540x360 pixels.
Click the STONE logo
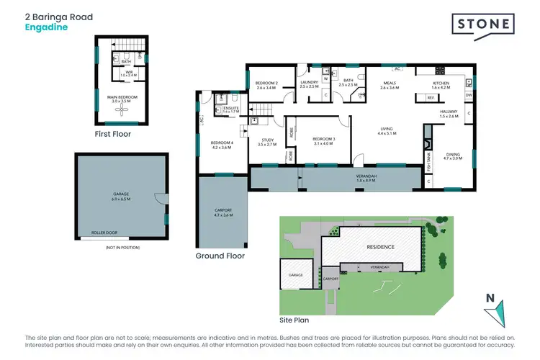483,25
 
